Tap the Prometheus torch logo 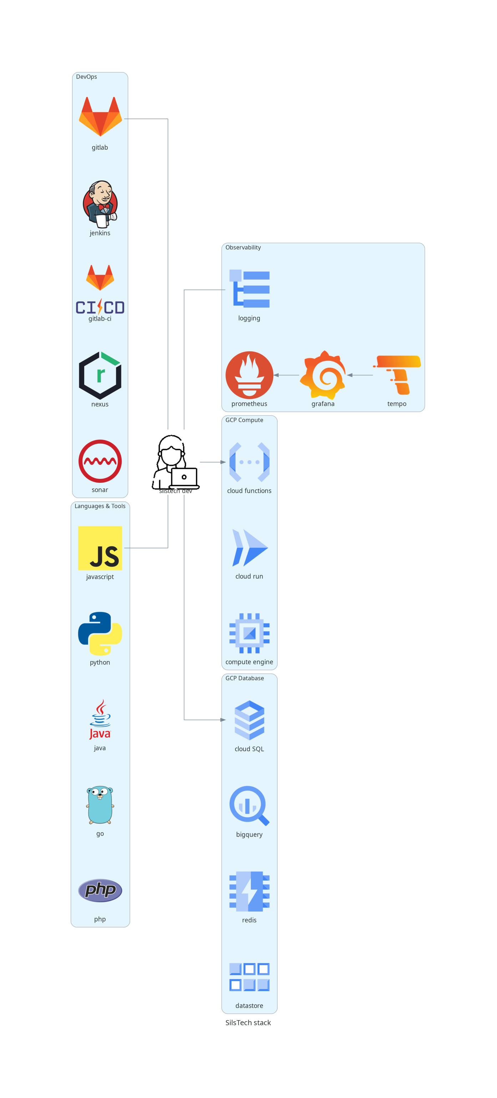tap(249, 375)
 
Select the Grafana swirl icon tap(323, 375)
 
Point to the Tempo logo tap(397, 375)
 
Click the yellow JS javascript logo tap(100, 548)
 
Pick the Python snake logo tap(100, 633)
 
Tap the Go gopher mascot tap(100, 804)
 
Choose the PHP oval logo tap(100, 890)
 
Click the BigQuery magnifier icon tap(249, 805)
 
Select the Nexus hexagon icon tap(100, 375)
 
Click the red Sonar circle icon tap(100, 461)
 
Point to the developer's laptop tap(184, 478)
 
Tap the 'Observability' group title tap(243, 247)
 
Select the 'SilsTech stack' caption tap(248, 1022)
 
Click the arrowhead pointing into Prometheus tap(276, 375)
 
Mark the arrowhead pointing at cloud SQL tap(223, 720)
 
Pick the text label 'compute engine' tap(249, 662)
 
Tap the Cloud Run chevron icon tap(249, 548)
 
